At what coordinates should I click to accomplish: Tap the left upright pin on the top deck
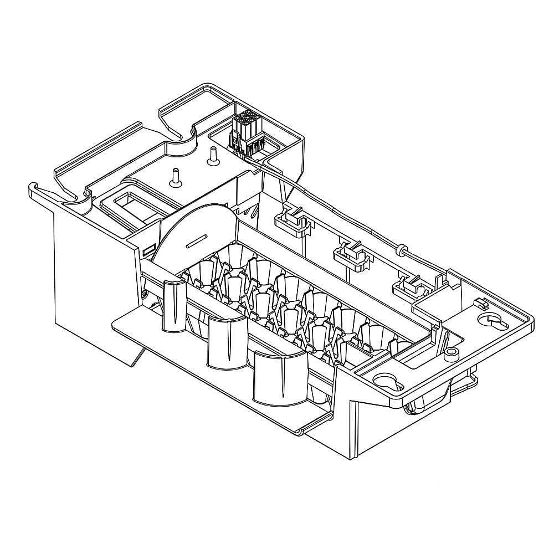176,176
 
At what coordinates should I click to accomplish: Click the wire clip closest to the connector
290,220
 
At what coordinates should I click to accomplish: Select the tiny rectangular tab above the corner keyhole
480,302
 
